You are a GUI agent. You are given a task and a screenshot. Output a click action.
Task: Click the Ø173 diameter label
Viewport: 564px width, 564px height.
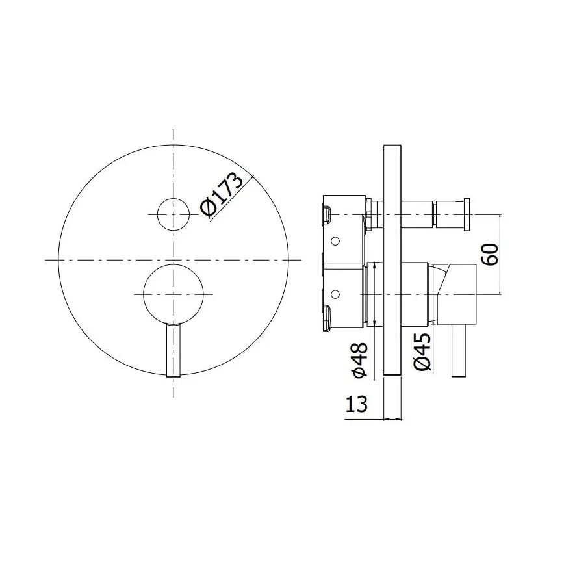(222, 196)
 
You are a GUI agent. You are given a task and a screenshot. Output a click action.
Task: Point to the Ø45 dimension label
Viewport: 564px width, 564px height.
(423, 353)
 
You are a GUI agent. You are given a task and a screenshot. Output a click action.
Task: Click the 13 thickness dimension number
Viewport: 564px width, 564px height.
(355, 404)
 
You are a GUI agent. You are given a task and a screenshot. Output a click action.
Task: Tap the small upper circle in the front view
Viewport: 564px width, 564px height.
(173, 213)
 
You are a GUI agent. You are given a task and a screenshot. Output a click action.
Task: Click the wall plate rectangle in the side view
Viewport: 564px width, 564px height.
(392, 260)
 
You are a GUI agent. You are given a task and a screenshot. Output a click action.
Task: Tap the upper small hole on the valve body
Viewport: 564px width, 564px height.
(335, 241)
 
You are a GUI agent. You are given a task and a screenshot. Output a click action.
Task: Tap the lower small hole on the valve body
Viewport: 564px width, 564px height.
(335, 293)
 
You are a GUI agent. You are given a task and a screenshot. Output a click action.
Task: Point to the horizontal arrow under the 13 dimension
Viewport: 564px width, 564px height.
(370, 419)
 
